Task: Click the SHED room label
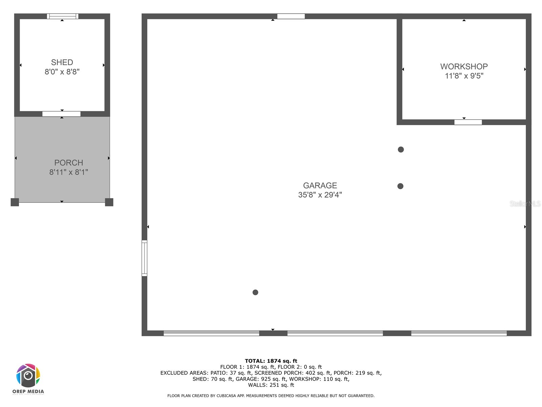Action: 62,62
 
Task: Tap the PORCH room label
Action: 69,163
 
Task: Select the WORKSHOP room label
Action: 464,66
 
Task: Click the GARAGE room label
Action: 320,186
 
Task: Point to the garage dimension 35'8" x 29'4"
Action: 320,195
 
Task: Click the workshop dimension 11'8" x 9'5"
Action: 464,76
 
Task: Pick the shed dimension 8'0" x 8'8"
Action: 62,72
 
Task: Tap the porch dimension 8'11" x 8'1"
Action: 69,172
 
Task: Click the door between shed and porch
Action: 61,114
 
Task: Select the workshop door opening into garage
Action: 468,122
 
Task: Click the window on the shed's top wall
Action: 63,16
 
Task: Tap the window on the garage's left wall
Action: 144,258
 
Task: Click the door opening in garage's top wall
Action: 291,16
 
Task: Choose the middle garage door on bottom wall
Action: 335,333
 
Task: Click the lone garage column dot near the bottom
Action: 255,292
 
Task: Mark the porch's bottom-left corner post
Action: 15,202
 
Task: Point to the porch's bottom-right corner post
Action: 109,202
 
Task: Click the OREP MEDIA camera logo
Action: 28,376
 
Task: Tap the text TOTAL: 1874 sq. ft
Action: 271,361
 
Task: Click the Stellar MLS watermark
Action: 525,203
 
